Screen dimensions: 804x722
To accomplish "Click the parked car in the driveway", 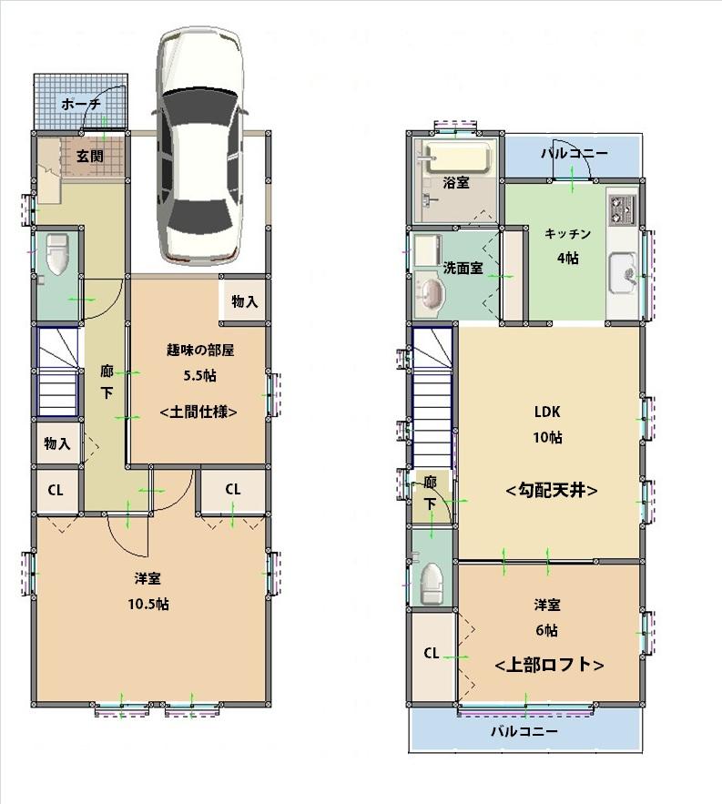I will click(199, 146).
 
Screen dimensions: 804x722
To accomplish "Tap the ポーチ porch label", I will click(81, 105).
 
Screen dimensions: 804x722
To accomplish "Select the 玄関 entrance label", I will click(89, 157).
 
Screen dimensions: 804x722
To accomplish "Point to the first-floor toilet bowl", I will click(56, 254).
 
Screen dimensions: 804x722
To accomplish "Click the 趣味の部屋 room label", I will click(201, 350).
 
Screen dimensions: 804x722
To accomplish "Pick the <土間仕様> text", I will click(200, 412).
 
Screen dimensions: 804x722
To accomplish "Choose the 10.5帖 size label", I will click(149, 604).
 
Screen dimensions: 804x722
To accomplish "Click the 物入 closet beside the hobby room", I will click(244, 301).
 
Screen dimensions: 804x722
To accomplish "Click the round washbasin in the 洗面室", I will click(431, 293).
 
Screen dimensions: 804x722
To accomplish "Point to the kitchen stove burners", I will click(623, 210).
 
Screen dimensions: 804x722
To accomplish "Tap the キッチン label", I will click(568, 234).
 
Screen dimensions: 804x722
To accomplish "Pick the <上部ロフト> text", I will click(549, 665).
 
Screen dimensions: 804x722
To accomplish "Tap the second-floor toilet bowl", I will click(432, 583).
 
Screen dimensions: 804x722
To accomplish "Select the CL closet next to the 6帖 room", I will click(432, 653).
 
